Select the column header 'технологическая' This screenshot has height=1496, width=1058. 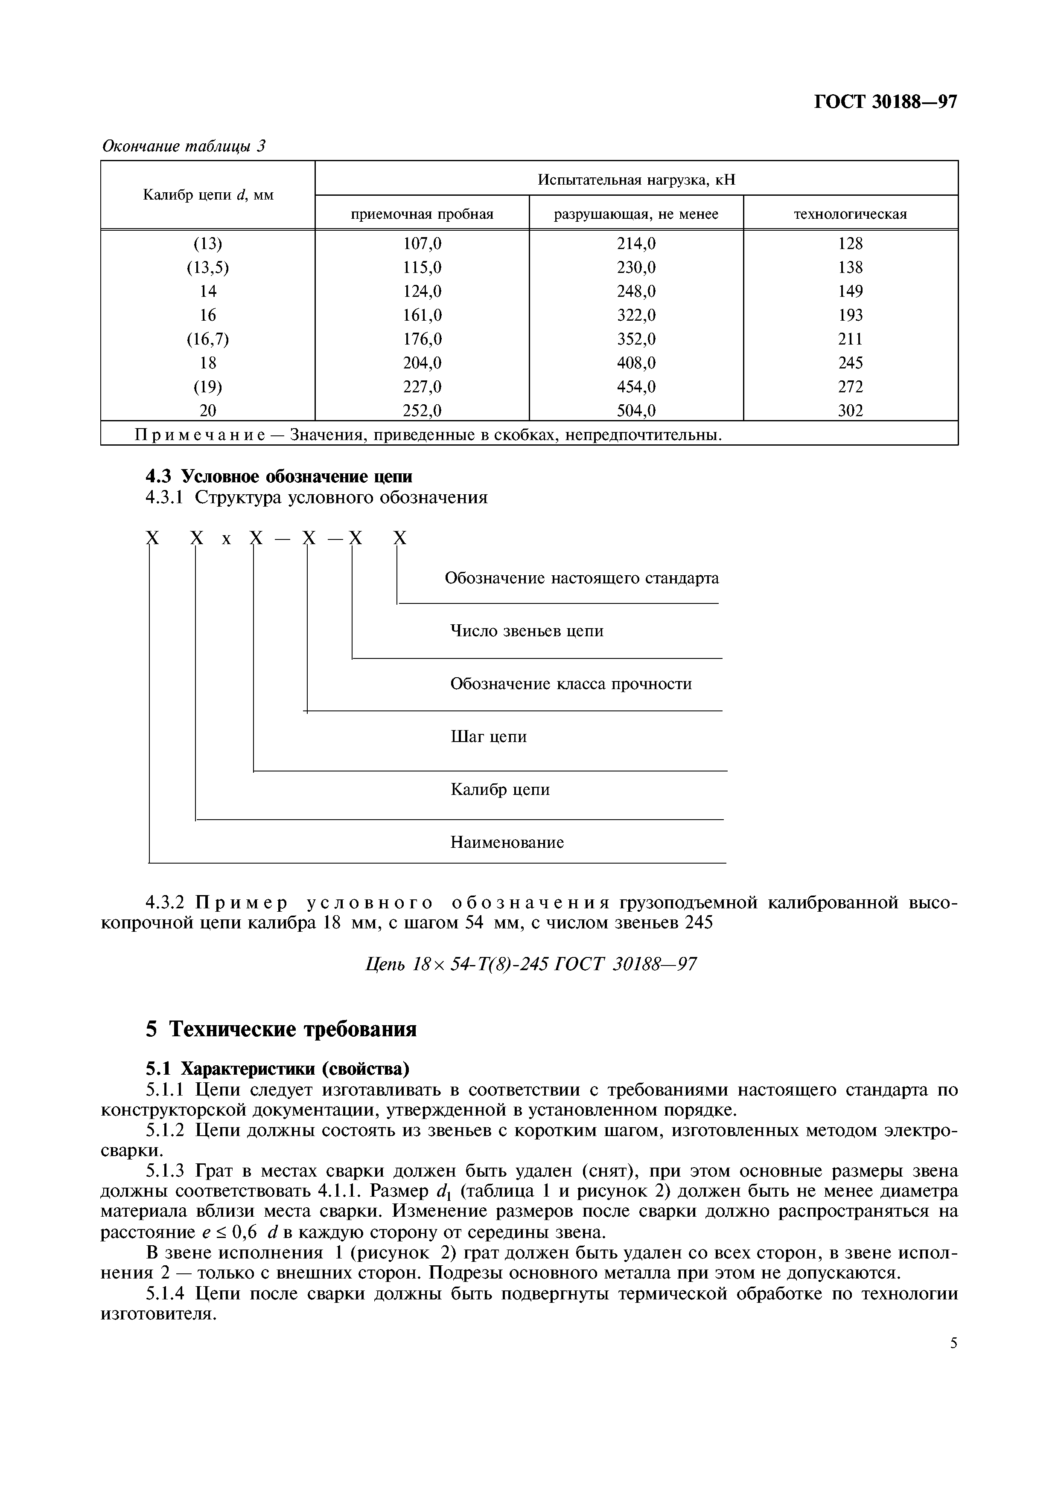[850, 215]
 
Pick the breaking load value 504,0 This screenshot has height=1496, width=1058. [636, 411]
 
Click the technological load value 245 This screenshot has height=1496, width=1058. [850, 363]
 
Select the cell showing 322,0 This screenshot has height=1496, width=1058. [636, 315]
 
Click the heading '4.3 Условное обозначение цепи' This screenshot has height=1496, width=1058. [279, 476]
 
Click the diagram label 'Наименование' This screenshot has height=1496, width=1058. [507, 843]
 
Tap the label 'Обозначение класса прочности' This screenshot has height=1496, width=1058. [571, 684]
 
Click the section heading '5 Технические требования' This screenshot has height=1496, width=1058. [280, 1029]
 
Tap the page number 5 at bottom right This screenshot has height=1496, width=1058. [953, 1343]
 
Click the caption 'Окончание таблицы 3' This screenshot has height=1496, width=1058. [184, 146]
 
